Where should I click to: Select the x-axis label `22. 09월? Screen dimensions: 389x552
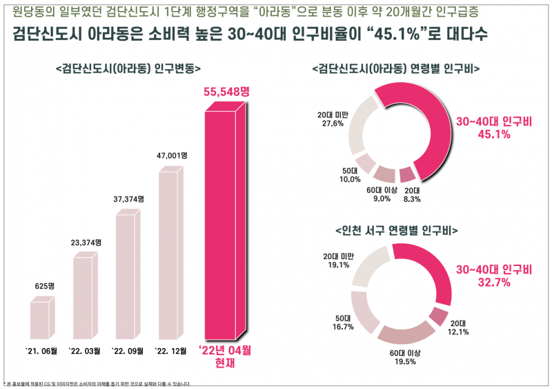[x=127, y=351]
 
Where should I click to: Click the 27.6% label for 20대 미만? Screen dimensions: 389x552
[x=331, y=124]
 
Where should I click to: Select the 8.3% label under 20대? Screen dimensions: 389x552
[x=413, y=199]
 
